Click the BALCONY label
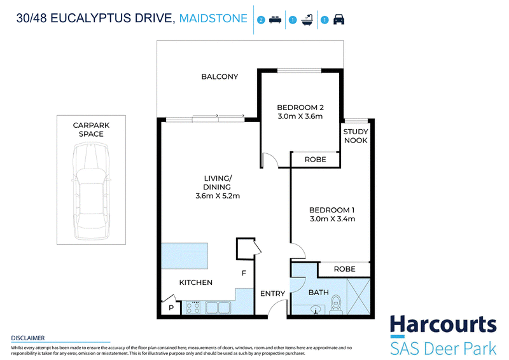220,76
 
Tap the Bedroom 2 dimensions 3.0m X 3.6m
300,116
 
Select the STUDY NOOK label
356,136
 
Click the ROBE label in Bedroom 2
315,160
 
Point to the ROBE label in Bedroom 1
344,269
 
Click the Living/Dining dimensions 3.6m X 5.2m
218,196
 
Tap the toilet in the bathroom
336,305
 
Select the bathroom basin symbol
315,310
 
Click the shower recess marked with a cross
358,296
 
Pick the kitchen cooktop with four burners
193,307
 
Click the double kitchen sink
218,307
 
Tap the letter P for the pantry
171,307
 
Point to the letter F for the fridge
244,273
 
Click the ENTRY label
273,293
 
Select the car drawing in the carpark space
91,191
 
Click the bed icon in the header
275,20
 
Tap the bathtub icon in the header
307,20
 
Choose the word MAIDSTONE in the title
213,18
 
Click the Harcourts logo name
443,324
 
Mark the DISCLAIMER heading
28,338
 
